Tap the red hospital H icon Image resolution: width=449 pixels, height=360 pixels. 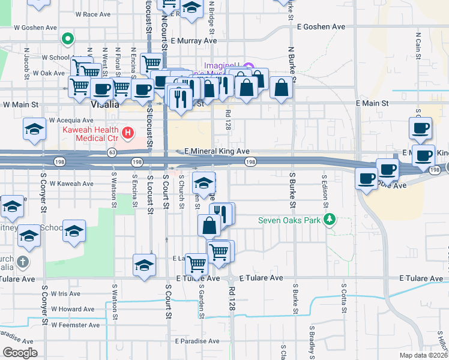pyautogui.click(x=127, y=131)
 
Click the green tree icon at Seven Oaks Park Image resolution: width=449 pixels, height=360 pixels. pyautogui.click(x=328, y=220)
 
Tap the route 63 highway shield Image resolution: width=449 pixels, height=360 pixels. pyautogui.click(x=112, y=152)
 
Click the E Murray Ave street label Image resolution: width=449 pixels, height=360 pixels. pyautogui.click(x=193, y=41)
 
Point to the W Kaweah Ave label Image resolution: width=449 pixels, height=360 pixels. pyautogui.click(x=71, y=183)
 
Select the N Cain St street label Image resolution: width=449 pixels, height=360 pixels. pyautogui.click(x=417, y=41)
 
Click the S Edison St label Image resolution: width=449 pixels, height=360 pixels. pyautogui.click(x=324, y=192)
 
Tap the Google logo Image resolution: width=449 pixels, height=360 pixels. pyautogui.click(x=20, y=353)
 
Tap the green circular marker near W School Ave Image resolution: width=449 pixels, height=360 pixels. pyautogui.click(x=68, y=40)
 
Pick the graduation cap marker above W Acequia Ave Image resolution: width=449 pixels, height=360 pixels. pyautogui.click(x=34, y=128)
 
